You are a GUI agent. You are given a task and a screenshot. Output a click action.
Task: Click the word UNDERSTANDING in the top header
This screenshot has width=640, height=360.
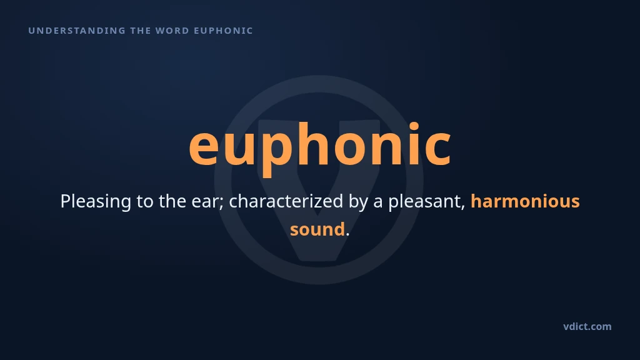[77, 31]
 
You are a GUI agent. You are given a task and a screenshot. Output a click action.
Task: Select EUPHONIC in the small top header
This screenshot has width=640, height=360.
[223, 31]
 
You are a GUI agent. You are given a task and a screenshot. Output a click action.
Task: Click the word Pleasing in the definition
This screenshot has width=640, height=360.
[96, 202]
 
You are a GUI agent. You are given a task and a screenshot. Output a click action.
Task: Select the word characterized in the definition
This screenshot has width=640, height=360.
[286, 201]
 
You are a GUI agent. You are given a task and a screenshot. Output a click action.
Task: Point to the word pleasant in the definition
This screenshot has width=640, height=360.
[424, 202]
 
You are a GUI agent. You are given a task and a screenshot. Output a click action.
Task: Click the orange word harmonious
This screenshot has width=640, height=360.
[525, 201]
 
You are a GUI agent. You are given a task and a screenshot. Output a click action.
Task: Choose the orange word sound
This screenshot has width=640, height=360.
[317, 229]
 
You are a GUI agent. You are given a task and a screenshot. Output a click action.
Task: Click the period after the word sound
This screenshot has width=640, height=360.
[347, 234]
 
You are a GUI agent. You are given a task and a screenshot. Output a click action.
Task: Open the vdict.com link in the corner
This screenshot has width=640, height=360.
[587, 326]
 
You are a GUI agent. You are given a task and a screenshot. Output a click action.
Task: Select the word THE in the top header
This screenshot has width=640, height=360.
[141, 31]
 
